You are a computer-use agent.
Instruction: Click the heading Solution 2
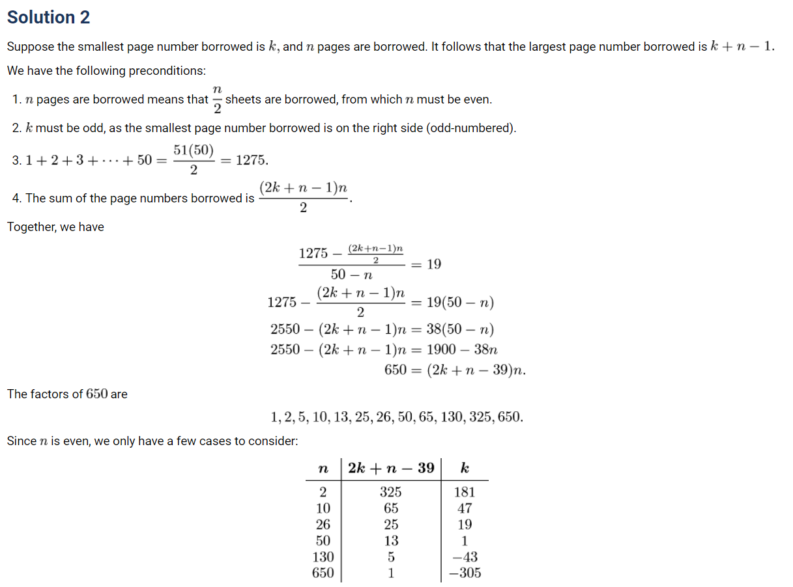[48, 18]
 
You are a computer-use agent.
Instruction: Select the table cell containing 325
[390, 492]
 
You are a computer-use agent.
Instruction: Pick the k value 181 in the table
[464, 492]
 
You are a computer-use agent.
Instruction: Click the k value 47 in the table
[464, 508]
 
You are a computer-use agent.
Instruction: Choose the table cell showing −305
[464, 573]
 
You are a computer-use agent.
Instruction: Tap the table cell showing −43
[464, 557]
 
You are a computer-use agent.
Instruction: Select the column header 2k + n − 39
[391, 468]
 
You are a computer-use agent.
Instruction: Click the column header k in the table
[464, 468]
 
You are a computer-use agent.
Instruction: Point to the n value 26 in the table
[323, 525]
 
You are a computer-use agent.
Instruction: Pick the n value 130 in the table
[323, 557]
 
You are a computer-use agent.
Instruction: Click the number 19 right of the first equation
[433, 264]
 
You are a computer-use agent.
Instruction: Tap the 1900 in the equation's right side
[440, 349]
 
